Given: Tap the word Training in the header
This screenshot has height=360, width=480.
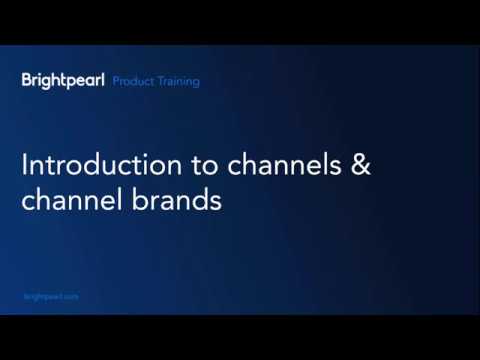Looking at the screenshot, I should pos(175,81).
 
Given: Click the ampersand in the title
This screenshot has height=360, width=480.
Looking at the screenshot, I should pos(358,164).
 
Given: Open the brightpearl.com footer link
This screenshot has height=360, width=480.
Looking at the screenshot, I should pos(50,297).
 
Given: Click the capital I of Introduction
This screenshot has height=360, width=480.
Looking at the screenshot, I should pos(25,164).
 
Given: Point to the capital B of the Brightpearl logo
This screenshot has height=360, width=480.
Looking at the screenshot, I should pos(26,80).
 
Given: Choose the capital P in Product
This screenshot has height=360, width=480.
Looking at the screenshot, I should pos(116,81).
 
